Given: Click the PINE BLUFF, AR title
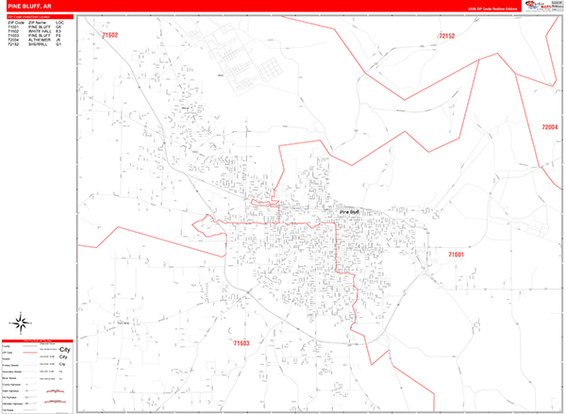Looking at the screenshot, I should [x=28, y=7].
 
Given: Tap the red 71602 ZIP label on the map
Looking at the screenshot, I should [x=110, y=36].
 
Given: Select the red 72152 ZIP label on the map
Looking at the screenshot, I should [x=446, y=37].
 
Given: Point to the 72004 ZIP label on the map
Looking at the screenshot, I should [x=550, y=127].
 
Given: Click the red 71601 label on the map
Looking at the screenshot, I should [x=457, y=255].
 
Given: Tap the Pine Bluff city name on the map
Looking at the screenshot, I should [x=352, y=212].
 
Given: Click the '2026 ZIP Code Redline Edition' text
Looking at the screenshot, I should [x=491, y=9].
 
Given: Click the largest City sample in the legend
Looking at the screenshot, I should [x=65, y=364].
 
